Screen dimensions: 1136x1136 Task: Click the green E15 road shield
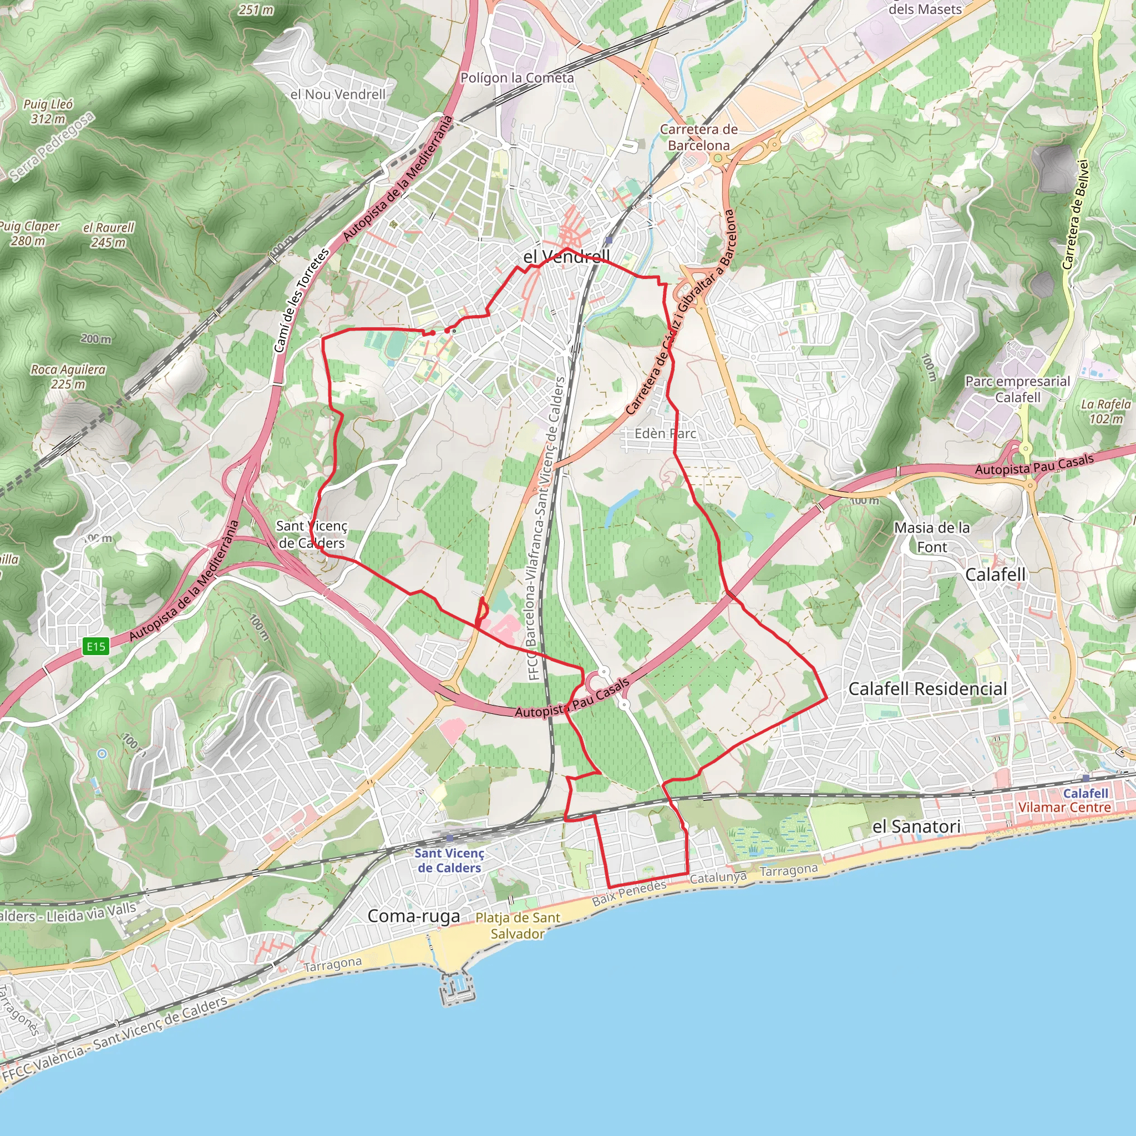click(x=96, y=647)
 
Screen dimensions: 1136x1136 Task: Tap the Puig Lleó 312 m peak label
click(x=48, y=111)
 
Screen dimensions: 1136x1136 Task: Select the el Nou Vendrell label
click(x=338, y=94)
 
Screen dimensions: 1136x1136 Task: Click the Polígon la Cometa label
click(x=517, y=78)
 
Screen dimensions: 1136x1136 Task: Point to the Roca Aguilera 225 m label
click(x=68, y=376)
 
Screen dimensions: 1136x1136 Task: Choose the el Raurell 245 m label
click(x=109, y=235)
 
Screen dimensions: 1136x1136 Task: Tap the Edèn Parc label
click(x=665, y=433)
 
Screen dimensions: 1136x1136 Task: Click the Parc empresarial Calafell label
click(x=1018, y=389)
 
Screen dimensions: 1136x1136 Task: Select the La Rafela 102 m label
click(x=1106, y=411)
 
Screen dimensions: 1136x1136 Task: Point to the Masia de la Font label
click(x=932, y=537)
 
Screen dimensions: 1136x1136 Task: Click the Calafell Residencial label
click(x=928, y=688)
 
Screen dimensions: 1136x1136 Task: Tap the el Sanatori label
click(x=917, y=826)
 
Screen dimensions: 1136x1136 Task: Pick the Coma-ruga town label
click(x=414, y=915)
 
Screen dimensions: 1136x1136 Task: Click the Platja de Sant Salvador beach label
click(x=518, y=926)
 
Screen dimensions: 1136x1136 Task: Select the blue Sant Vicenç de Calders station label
click(x=449, y=860)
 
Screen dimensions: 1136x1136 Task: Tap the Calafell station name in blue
click(x=1086, y=793)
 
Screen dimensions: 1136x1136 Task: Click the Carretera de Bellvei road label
click(x=1077, y=215)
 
